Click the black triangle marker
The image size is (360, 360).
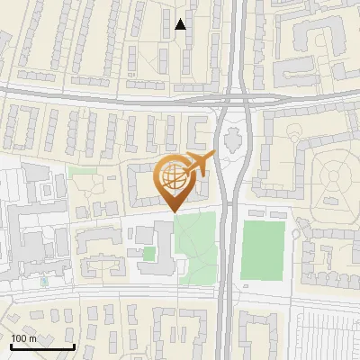pyautogui.click(x=181, y=24)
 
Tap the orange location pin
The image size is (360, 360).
pyautogui.click(x=175, y=184)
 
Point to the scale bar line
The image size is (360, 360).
pyautogui.click(x=42, y=346)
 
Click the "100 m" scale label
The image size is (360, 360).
pyautogui.click(x=24, y=337)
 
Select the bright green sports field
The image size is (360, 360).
pyautogui.click(x=263, y=247)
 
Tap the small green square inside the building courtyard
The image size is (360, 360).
pyautogui.click(x=148, y=254)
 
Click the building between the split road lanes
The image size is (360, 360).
pyautogui.click(x=233, y=140)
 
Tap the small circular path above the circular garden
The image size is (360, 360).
pyautogui.click(x=296, y=134)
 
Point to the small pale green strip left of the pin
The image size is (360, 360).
pyautogui.click(x=82, y=169)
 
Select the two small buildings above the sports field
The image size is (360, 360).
pyautogui.click(x=262, y=213)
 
